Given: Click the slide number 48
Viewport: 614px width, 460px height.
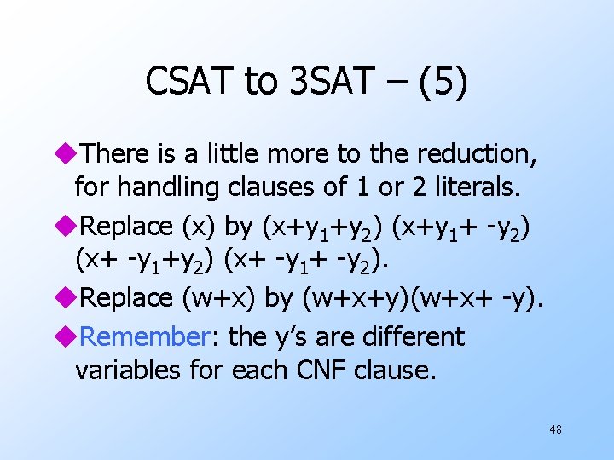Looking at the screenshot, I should point(555,430).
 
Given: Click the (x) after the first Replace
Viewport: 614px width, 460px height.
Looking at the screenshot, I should point(197,227).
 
